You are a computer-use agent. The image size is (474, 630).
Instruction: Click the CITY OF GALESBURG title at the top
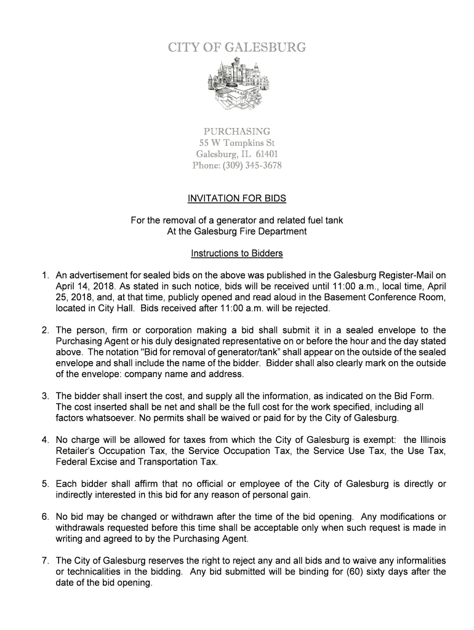pyautogui.click(x=237, y=47)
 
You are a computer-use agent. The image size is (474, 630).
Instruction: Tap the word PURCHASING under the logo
pyautogui.click(x=237, y=132)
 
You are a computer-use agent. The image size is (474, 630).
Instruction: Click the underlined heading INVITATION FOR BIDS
pyautogui.click(x=237, y=199)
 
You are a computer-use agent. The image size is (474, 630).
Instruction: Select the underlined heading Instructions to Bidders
pyautogui.click(x=237, y=253)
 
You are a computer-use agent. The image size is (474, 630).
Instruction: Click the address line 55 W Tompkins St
pyautogui.click(x=237, y=143)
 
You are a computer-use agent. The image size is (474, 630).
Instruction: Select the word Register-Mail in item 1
pyautogui.click(x=408, y=275)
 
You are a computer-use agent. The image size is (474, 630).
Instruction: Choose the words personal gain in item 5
pyautogui.click(x=271, y=495)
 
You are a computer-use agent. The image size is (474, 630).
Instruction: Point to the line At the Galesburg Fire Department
pyautogui.click(x=237, y=231)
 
